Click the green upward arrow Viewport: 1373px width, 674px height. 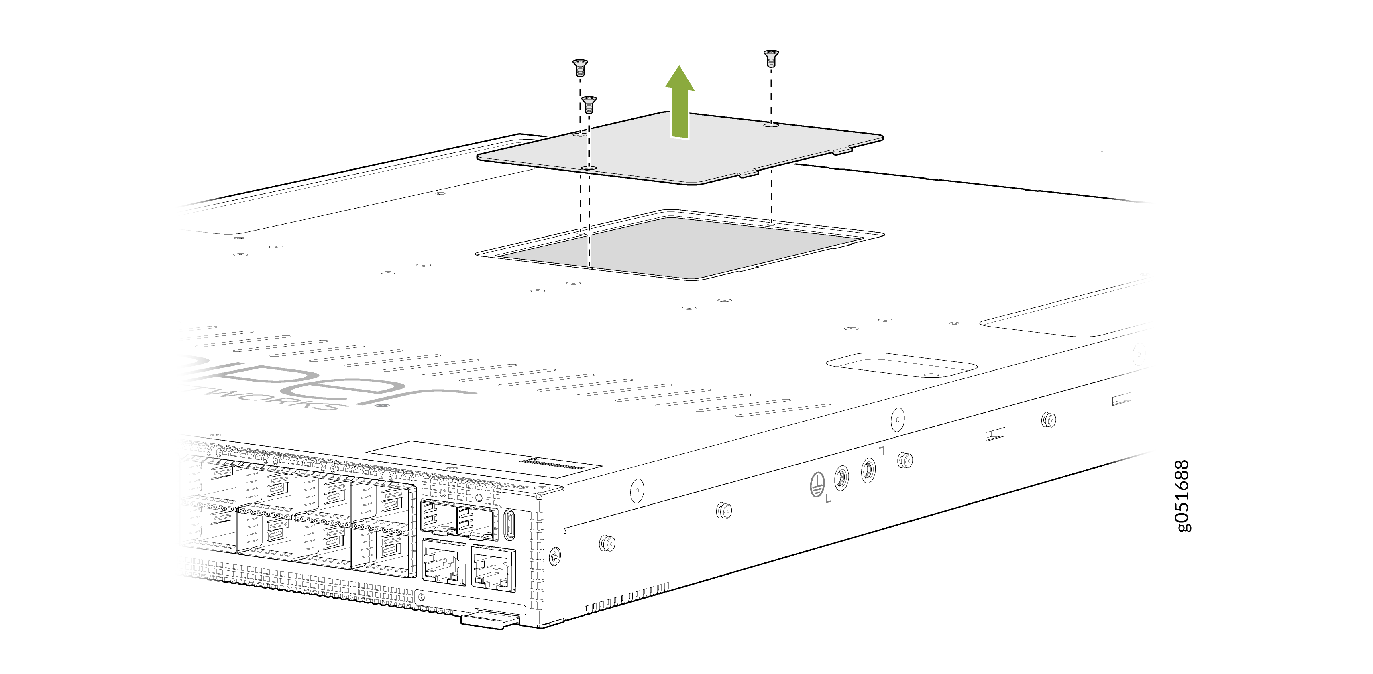[680, 104]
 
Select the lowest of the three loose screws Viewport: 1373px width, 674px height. [589, 104]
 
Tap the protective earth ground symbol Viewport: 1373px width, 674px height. [817, 485]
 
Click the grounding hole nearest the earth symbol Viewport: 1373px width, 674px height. [841, 477]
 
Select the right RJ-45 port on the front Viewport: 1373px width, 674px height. [493, 568]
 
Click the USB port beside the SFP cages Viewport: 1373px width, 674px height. [509, 525]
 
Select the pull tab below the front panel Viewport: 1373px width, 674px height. [488, 620]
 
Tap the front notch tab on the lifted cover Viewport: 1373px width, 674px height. [748, 174]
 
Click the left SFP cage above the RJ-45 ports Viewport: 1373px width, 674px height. [438, 518]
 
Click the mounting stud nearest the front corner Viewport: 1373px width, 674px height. [607, 543]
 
